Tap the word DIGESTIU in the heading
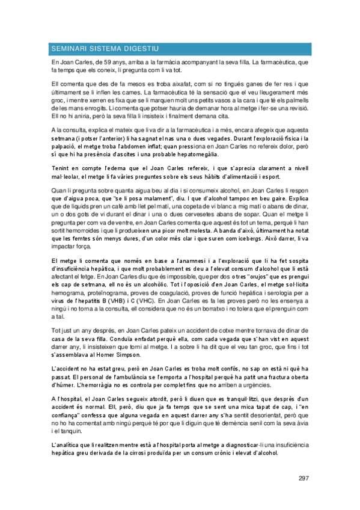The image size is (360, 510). click(x=141, y=48)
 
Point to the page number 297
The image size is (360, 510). click(x=303, y=478)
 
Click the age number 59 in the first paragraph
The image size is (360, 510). click(x=102, y=63)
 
